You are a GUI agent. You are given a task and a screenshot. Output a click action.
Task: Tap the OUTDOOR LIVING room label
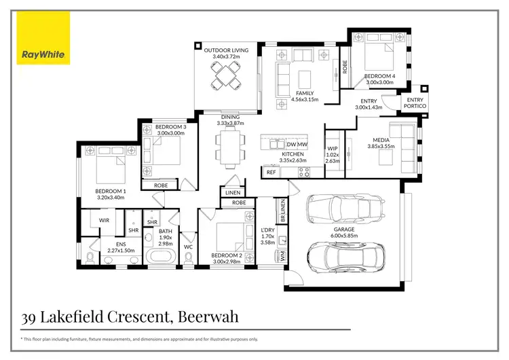click(226, 50)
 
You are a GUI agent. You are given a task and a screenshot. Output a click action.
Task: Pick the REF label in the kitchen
click(271, 173)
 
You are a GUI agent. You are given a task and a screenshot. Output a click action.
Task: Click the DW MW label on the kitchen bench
click(297, 145)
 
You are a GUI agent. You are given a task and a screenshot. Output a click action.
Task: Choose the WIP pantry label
click(333, 148)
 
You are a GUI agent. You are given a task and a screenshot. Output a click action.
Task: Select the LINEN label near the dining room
click(231, 193)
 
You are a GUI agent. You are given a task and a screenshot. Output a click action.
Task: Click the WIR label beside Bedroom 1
click(105, 220)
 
